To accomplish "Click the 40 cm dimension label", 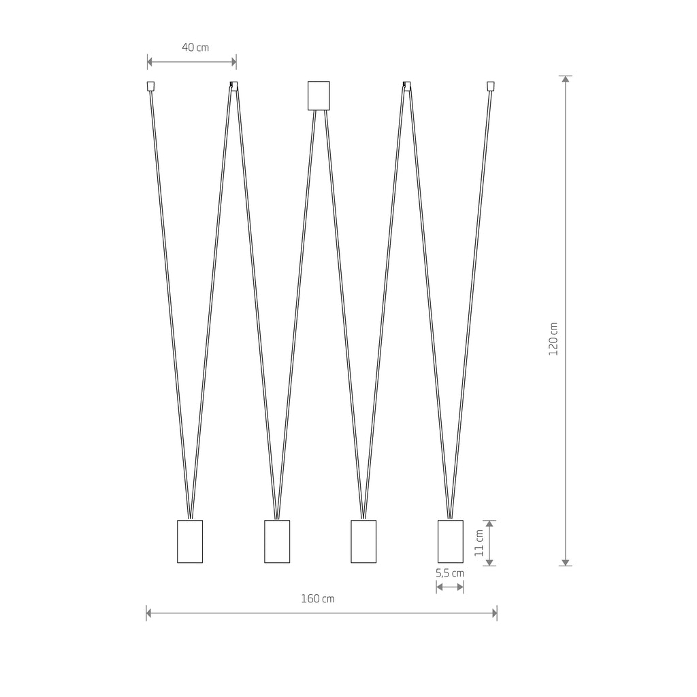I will [195, 48].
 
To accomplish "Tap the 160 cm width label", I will [318, 599].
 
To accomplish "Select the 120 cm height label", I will [553, 338].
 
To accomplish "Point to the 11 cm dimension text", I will [479, 542].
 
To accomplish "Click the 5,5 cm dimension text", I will [450, 573].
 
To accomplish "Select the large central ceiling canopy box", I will [319, 95].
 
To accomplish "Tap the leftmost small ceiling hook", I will [151, 86].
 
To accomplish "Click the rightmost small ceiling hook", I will [490, 86].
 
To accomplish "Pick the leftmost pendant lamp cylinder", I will [190, 541].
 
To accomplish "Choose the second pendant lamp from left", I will [277, 541].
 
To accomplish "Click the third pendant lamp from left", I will [363, 541].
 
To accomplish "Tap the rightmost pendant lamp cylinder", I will [450, 541].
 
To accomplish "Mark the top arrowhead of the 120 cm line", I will [565, 80].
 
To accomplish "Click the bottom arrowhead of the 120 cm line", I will [565, 562].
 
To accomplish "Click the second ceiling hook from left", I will [234, 86].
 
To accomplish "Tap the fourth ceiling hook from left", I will [407, 86].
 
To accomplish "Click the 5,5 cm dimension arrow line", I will [450, 587].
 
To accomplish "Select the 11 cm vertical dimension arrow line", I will [491, 542].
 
